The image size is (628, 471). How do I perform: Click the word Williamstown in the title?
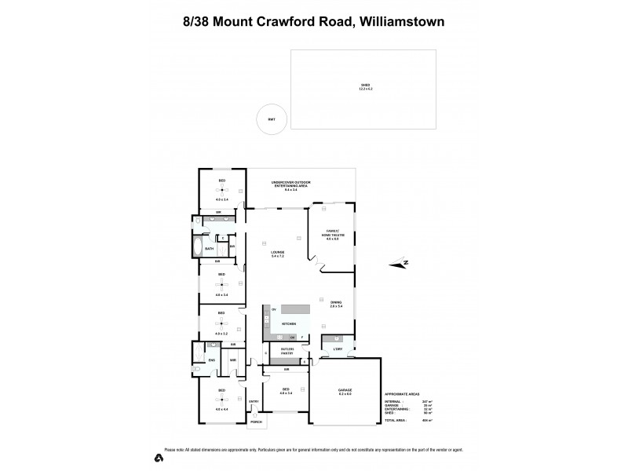point(403,21)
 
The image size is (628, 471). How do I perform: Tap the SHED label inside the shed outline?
point(364,86)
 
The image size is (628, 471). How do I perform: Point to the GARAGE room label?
point(345,390)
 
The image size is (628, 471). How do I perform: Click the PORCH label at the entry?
point(256,422)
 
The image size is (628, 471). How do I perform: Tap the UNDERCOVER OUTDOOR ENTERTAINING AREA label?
point(291,184)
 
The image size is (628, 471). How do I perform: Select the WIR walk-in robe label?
point(233,360)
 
